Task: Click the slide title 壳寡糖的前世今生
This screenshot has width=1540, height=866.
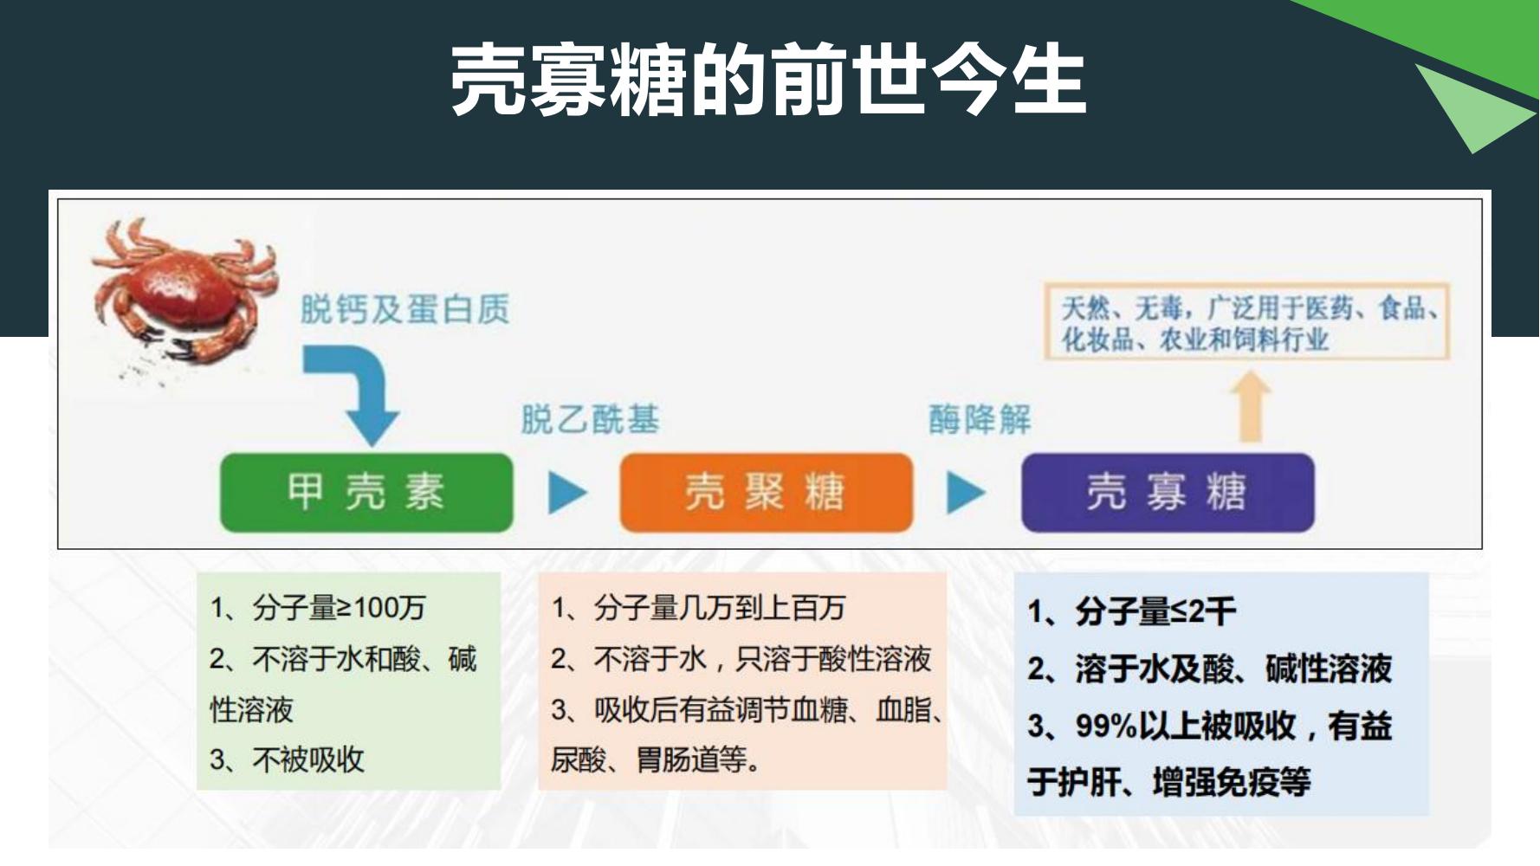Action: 767,81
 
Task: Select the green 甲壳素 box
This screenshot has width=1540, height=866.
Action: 366,492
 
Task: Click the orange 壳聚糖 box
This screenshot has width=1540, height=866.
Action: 766,492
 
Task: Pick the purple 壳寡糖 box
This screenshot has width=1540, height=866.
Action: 1168,492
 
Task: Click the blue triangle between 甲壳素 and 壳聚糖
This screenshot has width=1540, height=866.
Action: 567,492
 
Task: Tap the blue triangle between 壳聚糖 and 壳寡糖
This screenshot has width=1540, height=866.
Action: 966,492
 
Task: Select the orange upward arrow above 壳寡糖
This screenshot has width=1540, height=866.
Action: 1251,407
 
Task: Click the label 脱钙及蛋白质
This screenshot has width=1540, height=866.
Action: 404,309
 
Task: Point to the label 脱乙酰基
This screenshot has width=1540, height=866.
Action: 590,420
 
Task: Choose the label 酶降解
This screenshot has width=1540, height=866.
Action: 980,420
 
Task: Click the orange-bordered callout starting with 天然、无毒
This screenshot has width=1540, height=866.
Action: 1246,321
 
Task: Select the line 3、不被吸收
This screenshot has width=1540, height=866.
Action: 287,760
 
